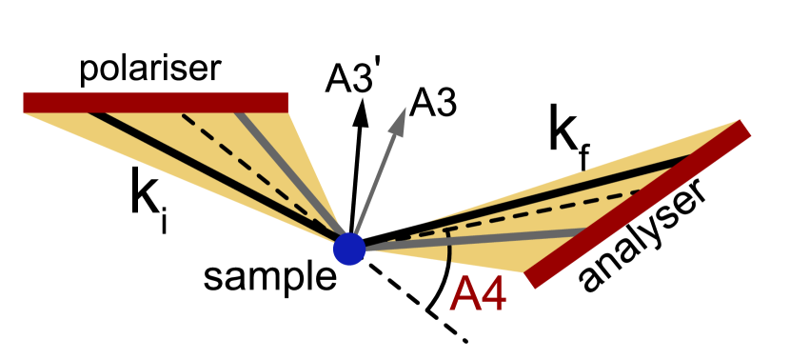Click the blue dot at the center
pyautogui.click(x=349, y=250)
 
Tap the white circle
pyautogui.click(x=91, y=284)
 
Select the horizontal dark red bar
pyautogui.click(x=155, y=103)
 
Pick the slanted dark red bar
pyautogui.click(x=638, y=204)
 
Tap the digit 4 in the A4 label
pyautogui.click(x=493, y=295)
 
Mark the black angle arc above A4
pyautogui.click(x=448, y=246)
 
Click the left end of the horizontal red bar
pyautogui.click(x=26, y=103)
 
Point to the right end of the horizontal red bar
pyautogui.click(x=286, y=103)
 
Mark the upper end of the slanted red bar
pyautogui.click(x=744, y=129)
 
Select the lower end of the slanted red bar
pyautogui.click(x=531, y=280)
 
